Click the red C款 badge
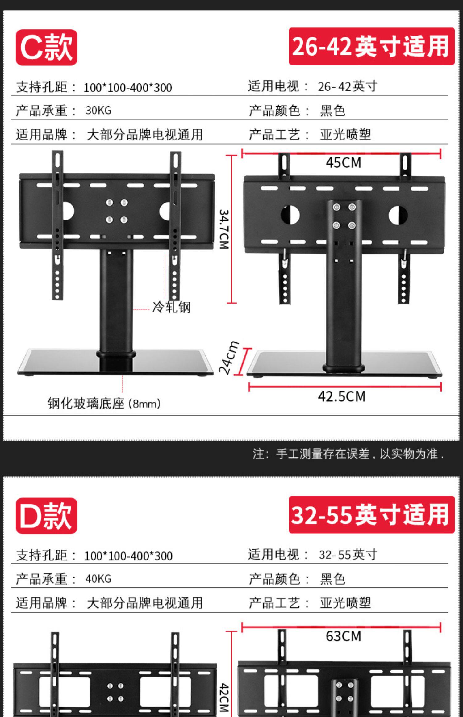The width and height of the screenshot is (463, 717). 46,47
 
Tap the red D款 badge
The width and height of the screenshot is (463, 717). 46,515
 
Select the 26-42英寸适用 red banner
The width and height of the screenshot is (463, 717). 371,46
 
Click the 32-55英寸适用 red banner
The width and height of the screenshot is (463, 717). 371,515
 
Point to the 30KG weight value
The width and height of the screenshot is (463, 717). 98,111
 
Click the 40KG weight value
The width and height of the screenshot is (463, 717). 98,579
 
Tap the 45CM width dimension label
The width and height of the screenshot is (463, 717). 343,163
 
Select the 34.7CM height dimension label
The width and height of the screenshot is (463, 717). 224,229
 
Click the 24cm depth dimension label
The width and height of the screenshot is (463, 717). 228,358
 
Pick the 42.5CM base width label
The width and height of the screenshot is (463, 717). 342,396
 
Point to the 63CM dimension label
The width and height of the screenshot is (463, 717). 343,636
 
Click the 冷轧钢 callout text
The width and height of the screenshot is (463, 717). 171,307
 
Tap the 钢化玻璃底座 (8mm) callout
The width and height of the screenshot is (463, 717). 104,404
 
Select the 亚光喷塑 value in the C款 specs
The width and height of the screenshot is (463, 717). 345,135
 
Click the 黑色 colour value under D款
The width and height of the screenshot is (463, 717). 332,579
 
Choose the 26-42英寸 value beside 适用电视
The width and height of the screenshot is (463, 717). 347,86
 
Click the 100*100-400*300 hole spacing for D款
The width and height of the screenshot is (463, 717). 128,556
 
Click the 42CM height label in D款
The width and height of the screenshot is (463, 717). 224,698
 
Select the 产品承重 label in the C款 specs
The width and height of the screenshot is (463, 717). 42,111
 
